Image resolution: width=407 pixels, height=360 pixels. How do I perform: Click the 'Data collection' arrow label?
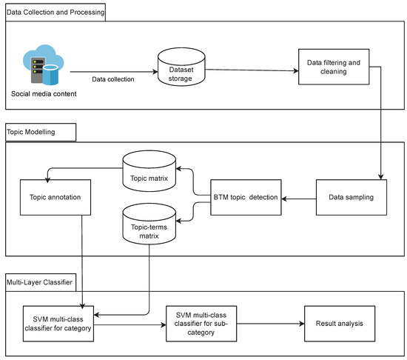[x=112, y=79]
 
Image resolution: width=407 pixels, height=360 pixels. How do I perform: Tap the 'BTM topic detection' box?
[x=246, y=198]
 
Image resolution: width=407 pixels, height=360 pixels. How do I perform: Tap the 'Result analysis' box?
[x=341, y=324]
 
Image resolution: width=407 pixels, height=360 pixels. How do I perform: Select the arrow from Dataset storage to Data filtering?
[x=252, y=71]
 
